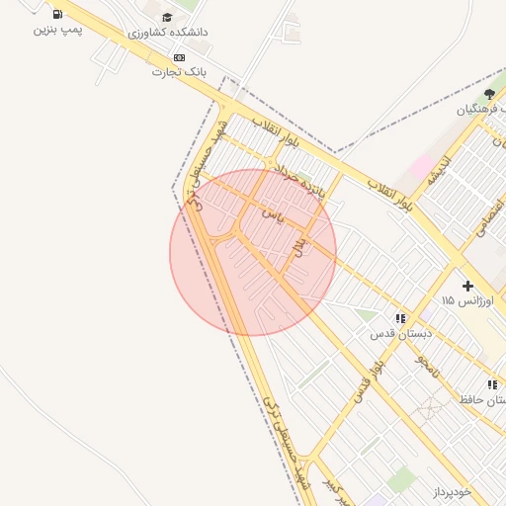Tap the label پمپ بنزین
coord(57,30)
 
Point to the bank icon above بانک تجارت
coord(179,58)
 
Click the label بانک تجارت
coord(179,73)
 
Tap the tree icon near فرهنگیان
coord(489,94)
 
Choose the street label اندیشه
coord(438,169)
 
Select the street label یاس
coord(274,213)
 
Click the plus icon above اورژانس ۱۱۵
coord(467,286)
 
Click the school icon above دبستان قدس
coord(400,318)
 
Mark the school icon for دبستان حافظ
coord(492,384)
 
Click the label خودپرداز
coord(454,491)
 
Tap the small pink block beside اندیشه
coord(420,165)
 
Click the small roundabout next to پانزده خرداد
coord(270,164)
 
